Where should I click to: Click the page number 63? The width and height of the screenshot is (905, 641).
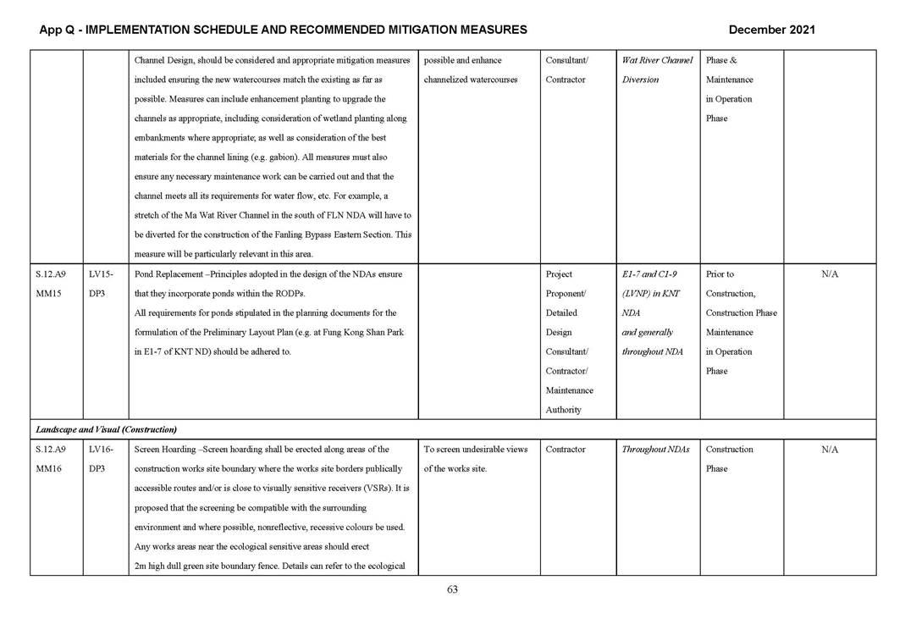(452, 590)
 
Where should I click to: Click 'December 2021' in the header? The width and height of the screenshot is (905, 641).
(771, 30)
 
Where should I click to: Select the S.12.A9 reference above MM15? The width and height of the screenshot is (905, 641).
(51, 274)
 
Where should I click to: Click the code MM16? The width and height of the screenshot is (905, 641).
(50, 469)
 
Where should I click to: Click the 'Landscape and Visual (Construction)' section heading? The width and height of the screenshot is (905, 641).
(106, 429)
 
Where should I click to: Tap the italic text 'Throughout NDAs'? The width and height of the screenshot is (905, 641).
(655, 450)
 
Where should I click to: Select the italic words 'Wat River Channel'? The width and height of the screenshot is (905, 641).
(657, 60)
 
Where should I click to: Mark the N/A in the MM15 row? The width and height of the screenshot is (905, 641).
(830, 274)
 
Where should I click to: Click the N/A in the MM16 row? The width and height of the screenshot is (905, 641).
(830, 450)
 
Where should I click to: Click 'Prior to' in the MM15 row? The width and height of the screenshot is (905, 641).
(720, 274)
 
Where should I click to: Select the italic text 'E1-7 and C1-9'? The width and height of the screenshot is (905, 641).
(649, 274)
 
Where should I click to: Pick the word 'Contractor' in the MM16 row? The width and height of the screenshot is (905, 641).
(566, 450)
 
